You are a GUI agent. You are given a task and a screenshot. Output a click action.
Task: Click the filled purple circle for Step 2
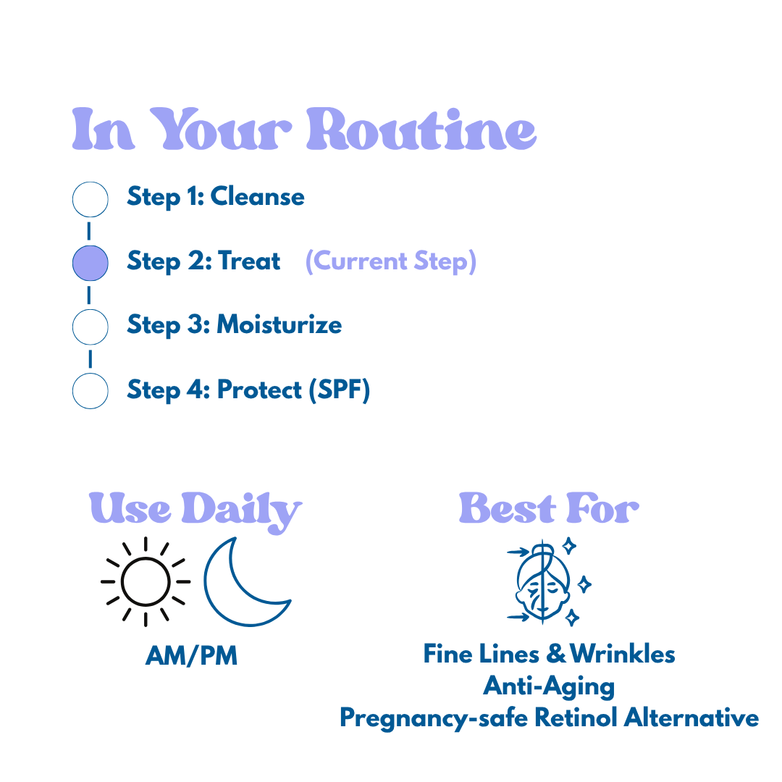(x=91, y=262)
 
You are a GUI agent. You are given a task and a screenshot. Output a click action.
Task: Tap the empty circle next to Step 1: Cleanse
(x=91, y=198)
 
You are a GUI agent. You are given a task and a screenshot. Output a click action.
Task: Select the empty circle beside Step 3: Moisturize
(x=91, y=326)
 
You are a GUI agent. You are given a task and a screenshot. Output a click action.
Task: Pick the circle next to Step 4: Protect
(x=91, y=390)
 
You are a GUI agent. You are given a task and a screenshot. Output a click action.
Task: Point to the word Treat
(x=248, y=261)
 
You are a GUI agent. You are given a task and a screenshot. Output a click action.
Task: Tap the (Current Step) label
(x=391, y=261)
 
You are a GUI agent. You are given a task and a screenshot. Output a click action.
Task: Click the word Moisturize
(x=279, y=324)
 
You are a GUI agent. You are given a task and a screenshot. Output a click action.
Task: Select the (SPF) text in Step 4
(x=339, y=390)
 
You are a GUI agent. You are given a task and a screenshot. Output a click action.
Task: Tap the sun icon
(x=145, y=581)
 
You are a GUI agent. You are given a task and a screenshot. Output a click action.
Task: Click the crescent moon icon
(x=244, y=583)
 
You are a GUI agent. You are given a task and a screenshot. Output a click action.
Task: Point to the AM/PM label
(x=191, y=656)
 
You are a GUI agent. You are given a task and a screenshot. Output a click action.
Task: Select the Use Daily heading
(x=195, y=508)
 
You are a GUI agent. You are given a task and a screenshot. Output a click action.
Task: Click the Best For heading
(x=549, y=508)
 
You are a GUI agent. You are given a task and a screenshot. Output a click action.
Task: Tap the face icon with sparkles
(x=548, y=581)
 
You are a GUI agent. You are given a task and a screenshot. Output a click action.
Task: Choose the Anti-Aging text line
(x=549, y=686)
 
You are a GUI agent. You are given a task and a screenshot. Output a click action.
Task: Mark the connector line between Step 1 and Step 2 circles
(x=89, y=231)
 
